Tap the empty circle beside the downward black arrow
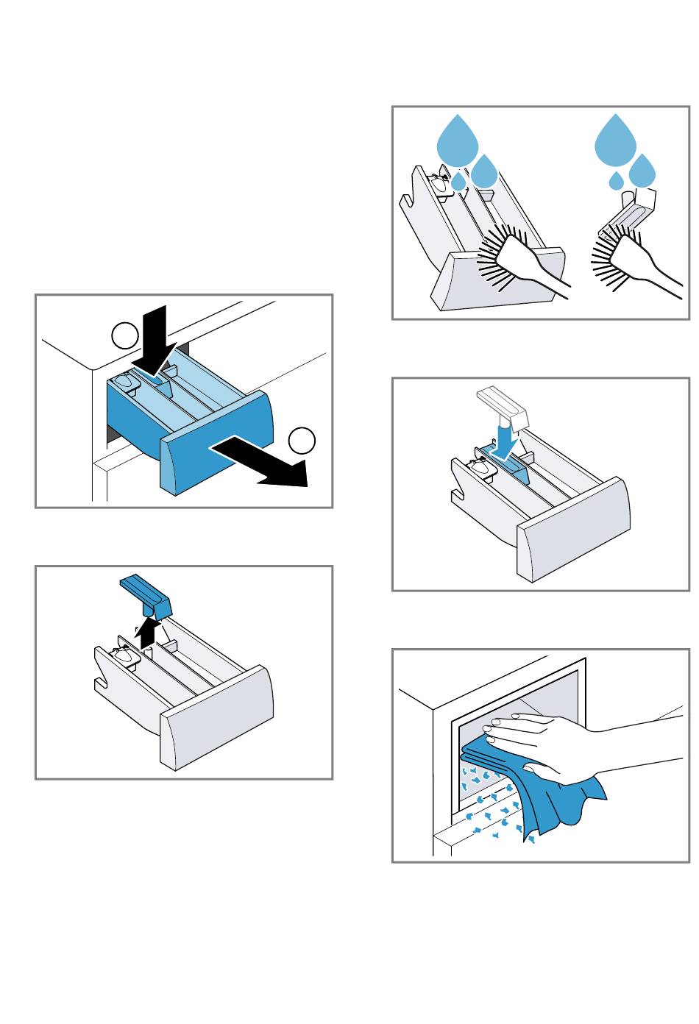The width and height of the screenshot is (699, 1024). click(x=125, y=336)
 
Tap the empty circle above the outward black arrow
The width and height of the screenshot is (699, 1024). click(x=302, y=440)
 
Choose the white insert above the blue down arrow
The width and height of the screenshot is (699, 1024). click(x=504, y=406)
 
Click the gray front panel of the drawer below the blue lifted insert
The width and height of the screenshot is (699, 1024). click(x=217, y=714)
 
